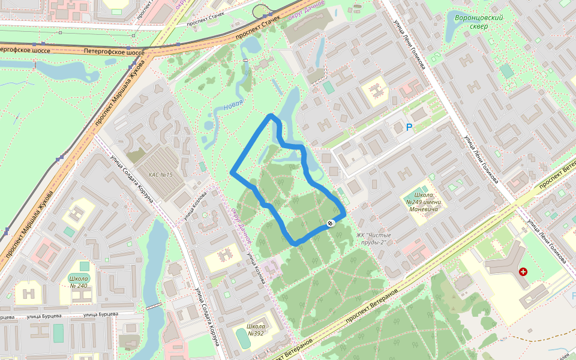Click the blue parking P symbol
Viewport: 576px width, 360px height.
click(409, 127)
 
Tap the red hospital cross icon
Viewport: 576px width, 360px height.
click(523, 272)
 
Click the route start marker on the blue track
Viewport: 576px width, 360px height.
click(330, 224)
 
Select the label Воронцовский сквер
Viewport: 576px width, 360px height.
click(478, 22)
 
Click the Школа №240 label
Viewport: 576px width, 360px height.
click(79, 282)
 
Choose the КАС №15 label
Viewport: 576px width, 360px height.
click(160, 175)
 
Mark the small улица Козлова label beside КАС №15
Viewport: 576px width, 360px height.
click(196, 205)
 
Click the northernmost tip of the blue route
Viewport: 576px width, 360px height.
click(271, 115)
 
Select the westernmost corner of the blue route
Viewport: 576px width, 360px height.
click(232, 173)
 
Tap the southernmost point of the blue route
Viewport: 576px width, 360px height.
click(295, 243)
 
